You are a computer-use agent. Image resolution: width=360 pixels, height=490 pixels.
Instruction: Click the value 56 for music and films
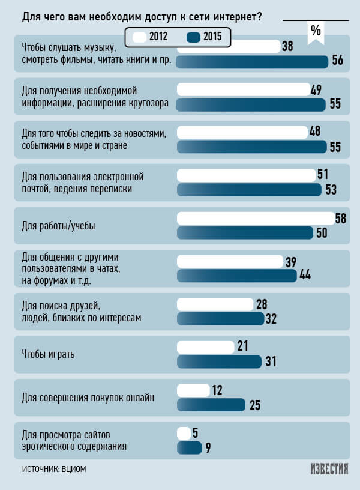(x=337, y=61)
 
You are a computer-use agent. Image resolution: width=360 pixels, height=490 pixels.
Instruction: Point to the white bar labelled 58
(x=256, y=219)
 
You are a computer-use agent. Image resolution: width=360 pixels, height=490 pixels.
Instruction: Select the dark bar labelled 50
(x=245, y=233)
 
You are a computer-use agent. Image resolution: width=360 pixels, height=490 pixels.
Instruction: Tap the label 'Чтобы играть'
(x=48, y=354)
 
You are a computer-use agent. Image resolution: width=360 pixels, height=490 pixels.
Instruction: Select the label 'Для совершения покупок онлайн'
(x=88, y=397)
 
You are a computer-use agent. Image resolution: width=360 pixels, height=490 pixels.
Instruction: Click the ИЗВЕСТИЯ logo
(x=329, y=469)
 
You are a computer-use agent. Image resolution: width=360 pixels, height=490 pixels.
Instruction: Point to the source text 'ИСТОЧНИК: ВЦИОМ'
(x=54, y=469)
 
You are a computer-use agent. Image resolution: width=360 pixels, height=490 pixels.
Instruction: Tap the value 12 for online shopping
(x=217, y=390)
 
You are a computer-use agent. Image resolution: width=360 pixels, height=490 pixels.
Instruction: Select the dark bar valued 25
(x=211, y=405)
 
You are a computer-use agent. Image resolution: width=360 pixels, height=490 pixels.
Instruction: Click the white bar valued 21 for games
(x=206, y=347)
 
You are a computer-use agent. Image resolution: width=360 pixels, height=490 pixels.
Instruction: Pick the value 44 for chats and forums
(x=305, y=275)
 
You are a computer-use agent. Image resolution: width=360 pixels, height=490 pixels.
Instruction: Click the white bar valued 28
(x=215, y=304)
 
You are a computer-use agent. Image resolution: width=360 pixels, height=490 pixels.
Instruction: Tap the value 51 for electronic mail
(x=323, y=175)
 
